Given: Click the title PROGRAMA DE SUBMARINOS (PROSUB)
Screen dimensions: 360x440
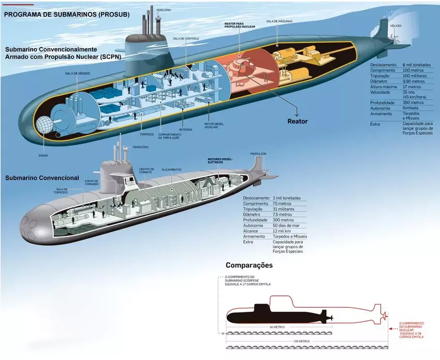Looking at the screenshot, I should pyautogui.click(x=67, y=15).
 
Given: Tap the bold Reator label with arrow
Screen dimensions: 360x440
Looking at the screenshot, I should pyautogui.click(x=298, y=121).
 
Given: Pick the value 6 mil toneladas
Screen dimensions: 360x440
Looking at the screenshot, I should pyautogui.click(x=418, y=65).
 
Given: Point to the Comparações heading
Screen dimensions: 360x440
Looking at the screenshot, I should pyautogui.click(x=249, y=265).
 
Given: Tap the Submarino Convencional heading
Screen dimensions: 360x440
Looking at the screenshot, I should pyautogui.click(x=42, y=178).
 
